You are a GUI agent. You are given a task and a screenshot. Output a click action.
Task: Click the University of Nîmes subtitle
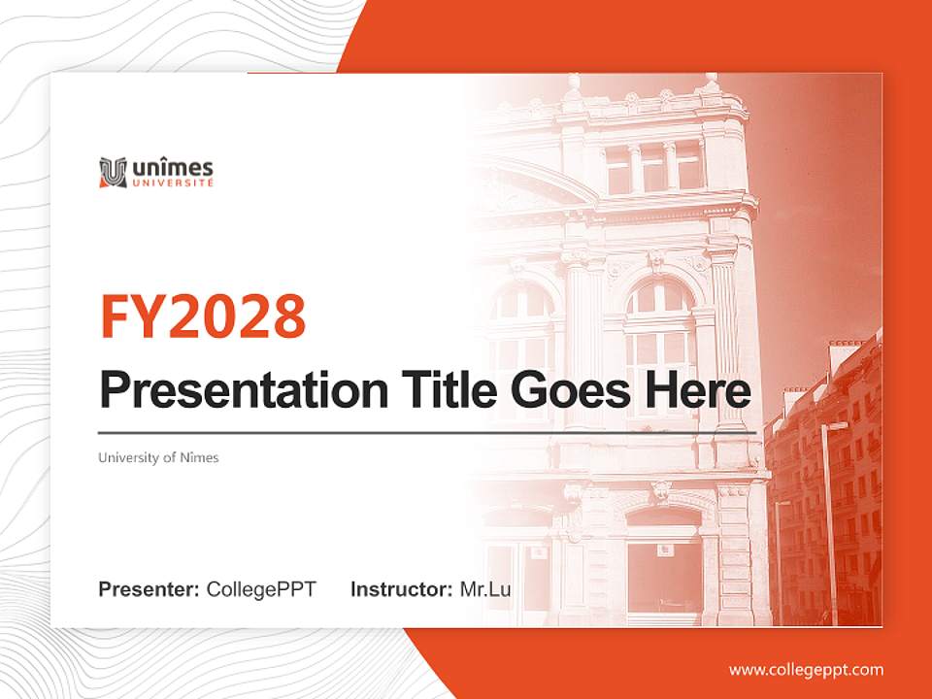coord(158,457)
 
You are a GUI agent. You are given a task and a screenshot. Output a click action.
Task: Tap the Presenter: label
coord(149,589)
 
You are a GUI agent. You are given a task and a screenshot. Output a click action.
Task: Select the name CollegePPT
coord(261,589)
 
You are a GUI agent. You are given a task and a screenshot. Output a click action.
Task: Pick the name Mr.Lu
coord(485,589)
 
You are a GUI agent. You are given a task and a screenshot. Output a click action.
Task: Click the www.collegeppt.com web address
coord(806,670)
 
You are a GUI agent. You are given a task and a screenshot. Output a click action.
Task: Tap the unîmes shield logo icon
coord(113,172)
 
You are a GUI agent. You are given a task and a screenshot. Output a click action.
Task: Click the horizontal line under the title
coord(427,432)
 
